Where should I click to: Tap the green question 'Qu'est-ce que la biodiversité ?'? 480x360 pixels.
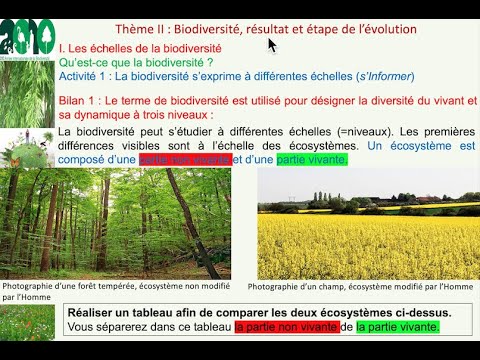150,62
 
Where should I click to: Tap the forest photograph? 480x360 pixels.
117,223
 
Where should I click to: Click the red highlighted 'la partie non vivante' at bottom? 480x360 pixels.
285,327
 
